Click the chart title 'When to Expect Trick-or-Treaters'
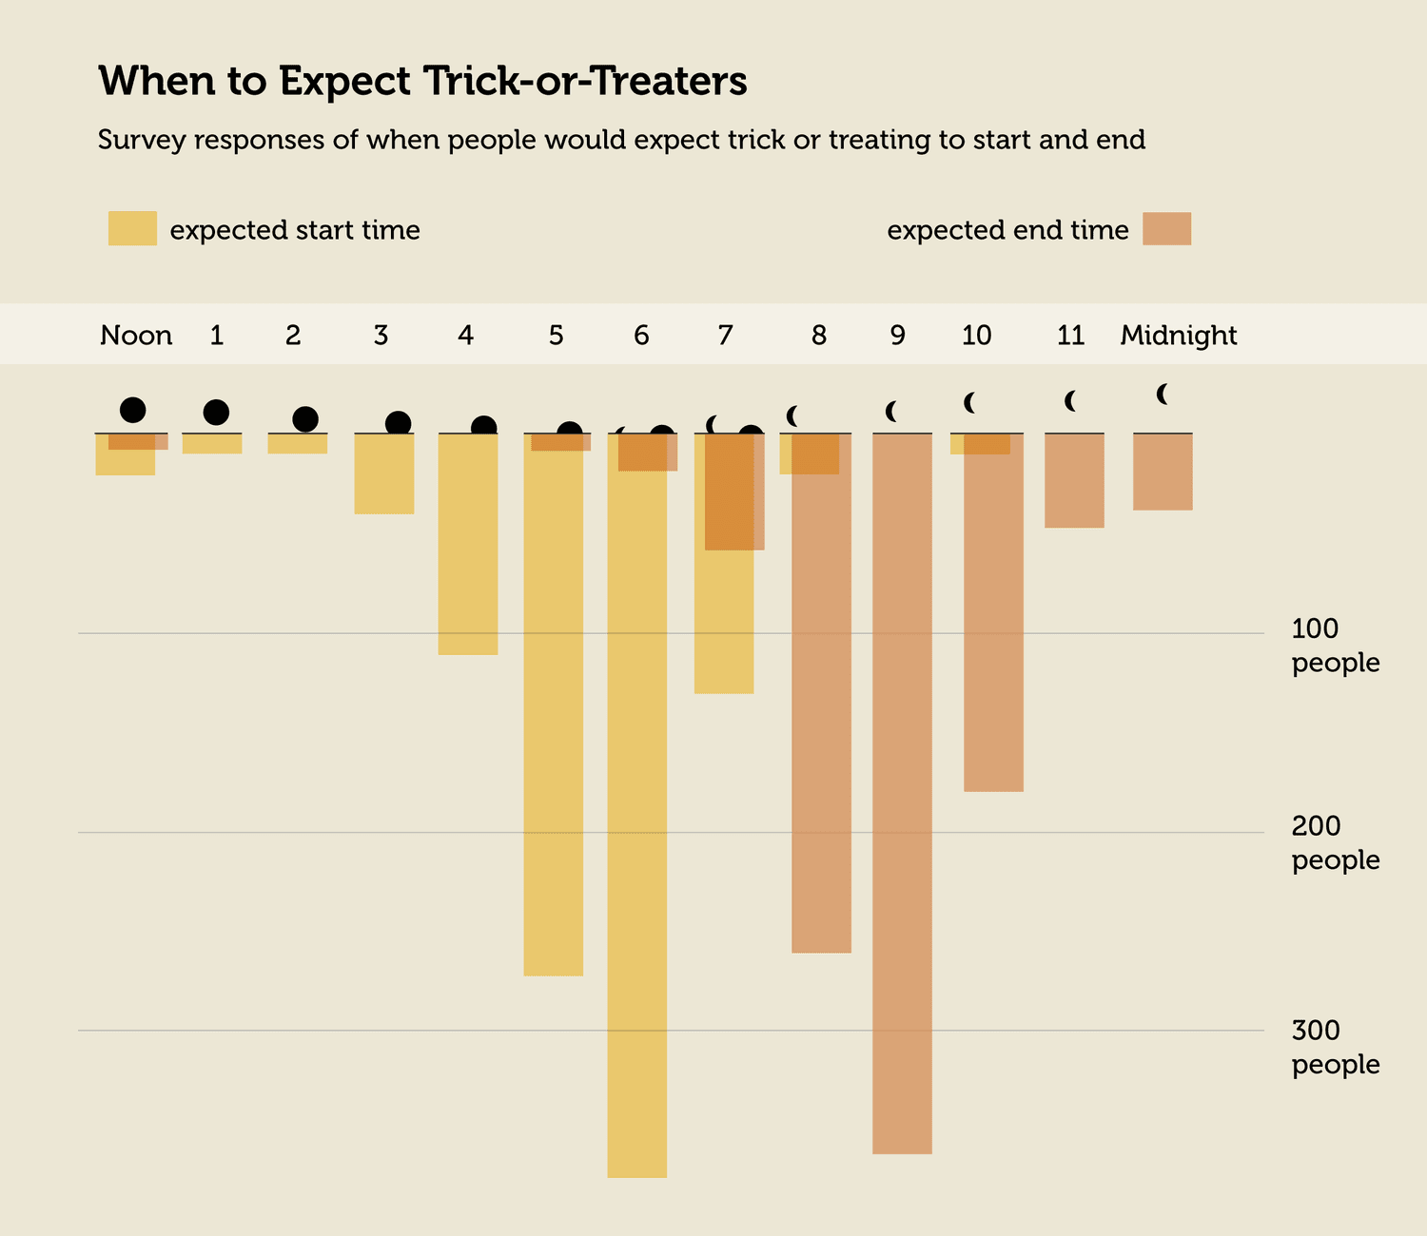point(422,82)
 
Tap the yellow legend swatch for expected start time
point(132,229)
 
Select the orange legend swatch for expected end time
point(1166,229)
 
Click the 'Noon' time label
point(136,336)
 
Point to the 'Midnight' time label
point(1178,336)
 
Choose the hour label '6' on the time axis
point(641,336)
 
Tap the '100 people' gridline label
point(1334,645)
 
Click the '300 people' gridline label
point(1334,1047)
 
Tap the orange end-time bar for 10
point(993,618)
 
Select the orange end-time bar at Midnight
point(1163,473)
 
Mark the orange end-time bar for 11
point(1074,481)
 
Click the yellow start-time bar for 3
point(384,473)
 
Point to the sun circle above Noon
point(133,410)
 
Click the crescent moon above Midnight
point(1163,394)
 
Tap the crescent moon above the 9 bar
point(892,412)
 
